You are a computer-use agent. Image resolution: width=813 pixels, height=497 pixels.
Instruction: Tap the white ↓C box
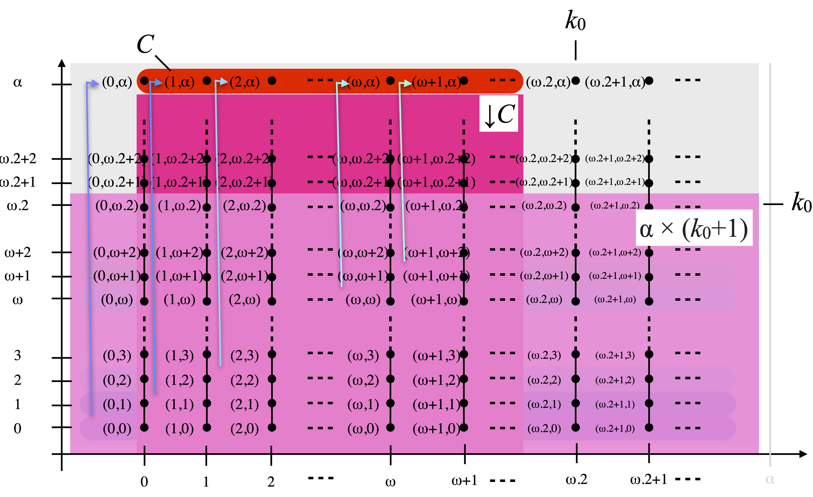(x=499, y=114)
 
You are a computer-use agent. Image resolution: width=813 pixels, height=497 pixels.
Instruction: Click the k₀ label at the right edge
(x=801, y=202)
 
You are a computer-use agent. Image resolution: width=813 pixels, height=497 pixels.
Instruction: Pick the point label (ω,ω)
(x=363, y=300)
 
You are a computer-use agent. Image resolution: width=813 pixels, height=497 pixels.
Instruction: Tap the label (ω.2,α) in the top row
(x=548, y=82)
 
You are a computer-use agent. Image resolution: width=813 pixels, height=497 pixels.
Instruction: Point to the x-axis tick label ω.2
(x=577, y=480)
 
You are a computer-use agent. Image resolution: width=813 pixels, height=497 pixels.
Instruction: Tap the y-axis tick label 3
(x=17, y=355)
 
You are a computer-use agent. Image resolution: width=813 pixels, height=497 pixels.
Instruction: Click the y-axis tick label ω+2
(x=17, y=252)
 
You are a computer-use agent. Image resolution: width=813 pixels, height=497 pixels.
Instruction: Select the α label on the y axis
(x=17, y=82)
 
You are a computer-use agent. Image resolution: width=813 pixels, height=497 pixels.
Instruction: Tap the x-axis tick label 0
(x=144, y=482)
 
